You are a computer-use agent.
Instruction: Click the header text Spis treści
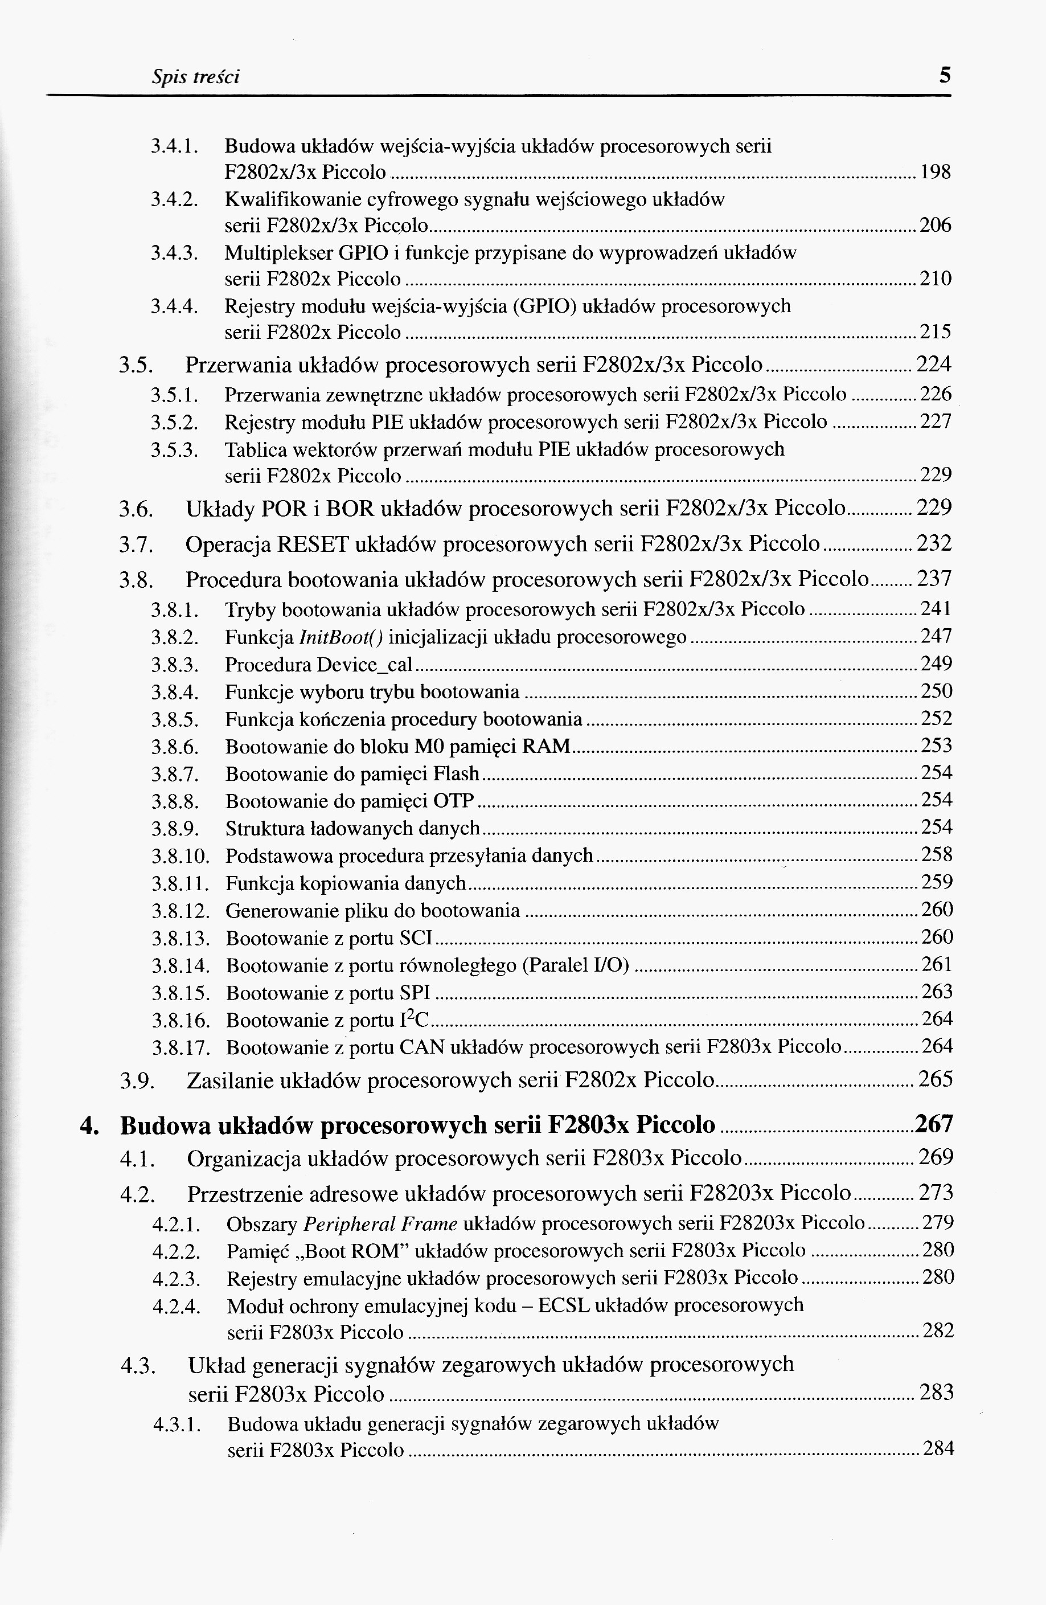click(x=195, y=77)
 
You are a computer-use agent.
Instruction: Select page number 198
click(x=936, y=173)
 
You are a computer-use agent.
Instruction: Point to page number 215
click(x=936, y=332)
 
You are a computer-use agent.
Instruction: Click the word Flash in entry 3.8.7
click(x=456, y=773)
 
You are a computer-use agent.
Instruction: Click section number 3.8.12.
click(x=181, y=912)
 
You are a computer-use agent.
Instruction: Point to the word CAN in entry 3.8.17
click(x=421, y=1047)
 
